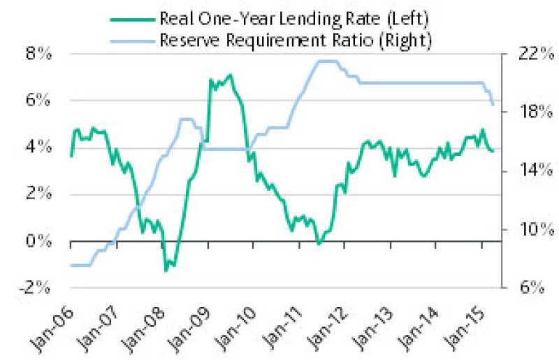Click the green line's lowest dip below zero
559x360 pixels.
[x=166, y=270]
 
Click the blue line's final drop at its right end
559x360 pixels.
[x=493, y=103]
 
